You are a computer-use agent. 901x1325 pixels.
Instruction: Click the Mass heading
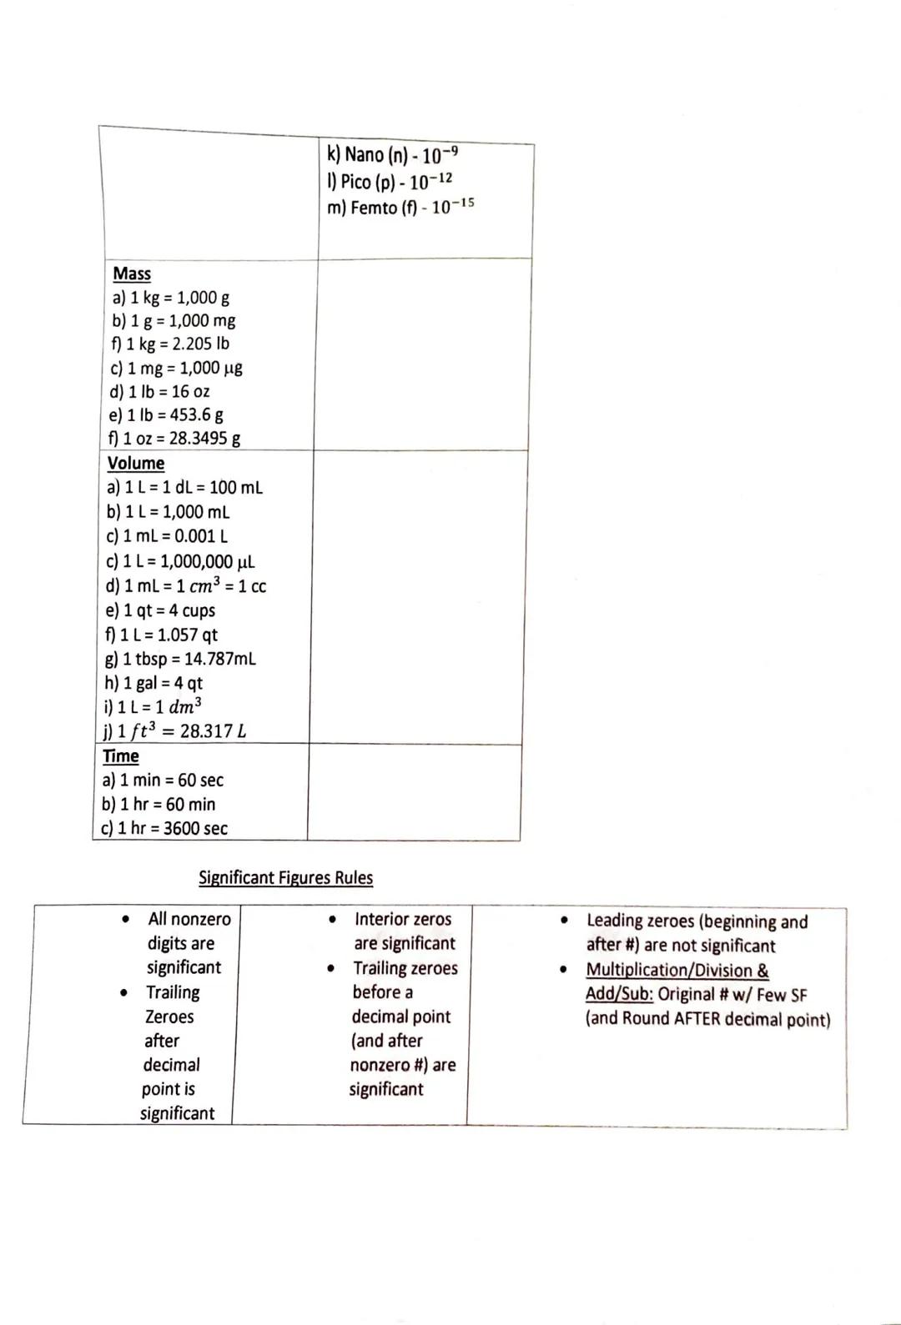pyautogui.click(x=132, y=274)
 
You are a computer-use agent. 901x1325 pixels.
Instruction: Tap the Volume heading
pyautogui.click(x=136, y=463)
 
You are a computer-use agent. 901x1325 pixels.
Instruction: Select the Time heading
pyautogui.click(x=121, y=755)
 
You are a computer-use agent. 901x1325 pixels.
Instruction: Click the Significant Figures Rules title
pyautogui.click(x=285, y=877)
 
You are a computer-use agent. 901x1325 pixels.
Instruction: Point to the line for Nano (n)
pyautogui.click(x=392, y=155)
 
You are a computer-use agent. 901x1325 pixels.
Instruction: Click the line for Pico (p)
pyautogui.click(x=390, y=181)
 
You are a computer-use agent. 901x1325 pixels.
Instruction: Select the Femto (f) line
pyautogui.click(x=400, y=207)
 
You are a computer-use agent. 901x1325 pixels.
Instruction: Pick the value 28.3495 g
pyautogui.click(x=204, y=438)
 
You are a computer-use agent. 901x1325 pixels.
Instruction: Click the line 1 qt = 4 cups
pyautogui.click(x=160, y=610)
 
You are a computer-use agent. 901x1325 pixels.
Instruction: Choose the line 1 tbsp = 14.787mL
pyautogui.click(x=180, y=659)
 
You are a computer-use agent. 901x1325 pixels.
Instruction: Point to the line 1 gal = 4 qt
pyautogui.click(x=154, y=682)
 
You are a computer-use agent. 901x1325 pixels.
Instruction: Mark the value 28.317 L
pyautogui.click(x=213, y=731)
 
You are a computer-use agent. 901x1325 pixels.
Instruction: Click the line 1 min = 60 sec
pyautogui.click(x=163, y=780)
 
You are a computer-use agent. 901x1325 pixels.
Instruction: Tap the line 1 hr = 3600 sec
pyautogui.click(x=164, y=828)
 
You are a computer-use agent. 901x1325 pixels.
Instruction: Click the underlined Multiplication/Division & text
pyautogui.click(x=677, y=970)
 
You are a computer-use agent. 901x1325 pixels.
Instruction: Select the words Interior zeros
pyautogui.click(x=402, y=919)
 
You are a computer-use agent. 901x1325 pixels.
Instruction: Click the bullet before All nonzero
pyautogui.click(x=125, y=920)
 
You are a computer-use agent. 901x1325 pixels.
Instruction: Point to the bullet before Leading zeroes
pyautogui.click(x=565, y=921)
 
